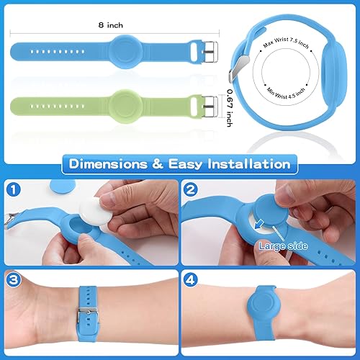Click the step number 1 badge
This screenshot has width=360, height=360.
coord(15,192)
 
